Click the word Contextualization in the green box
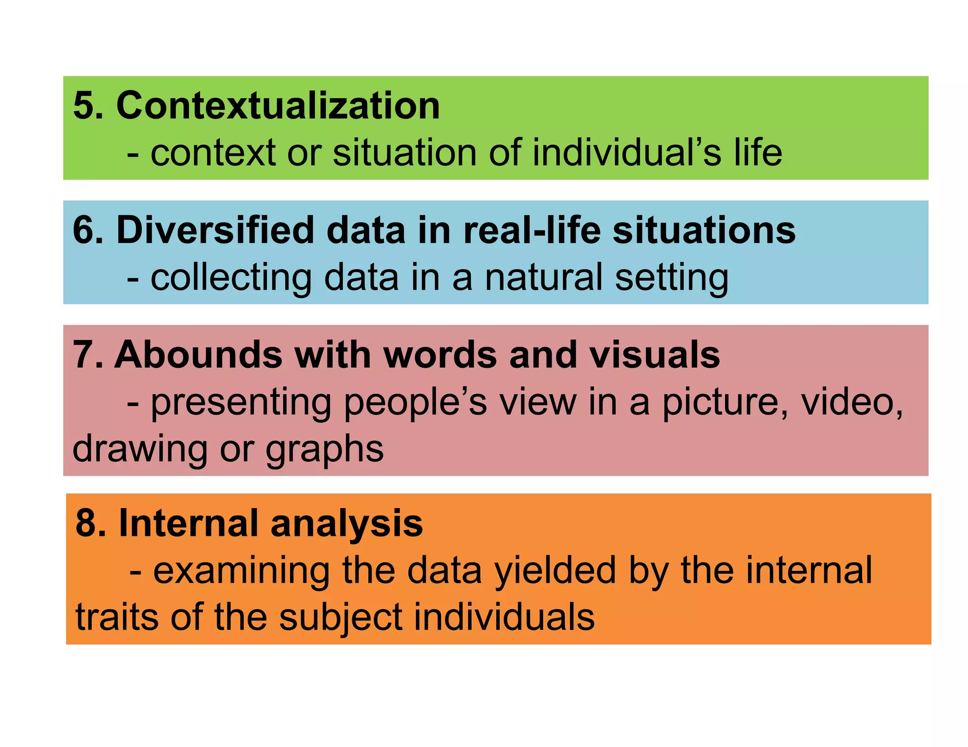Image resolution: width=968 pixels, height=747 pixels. pos(278,105)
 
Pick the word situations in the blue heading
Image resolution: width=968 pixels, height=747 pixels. pos(704,230)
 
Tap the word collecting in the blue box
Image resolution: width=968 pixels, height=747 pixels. pos(231,278)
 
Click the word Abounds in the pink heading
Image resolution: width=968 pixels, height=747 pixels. pos(198,355)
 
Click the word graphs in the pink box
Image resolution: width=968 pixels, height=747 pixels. pos(325,450)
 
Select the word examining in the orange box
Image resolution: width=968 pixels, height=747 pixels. pos(242,571)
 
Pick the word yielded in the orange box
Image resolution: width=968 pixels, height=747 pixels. pos(555,571)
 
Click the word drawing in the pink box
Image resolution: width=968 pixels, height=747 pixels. pos(140,450)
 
